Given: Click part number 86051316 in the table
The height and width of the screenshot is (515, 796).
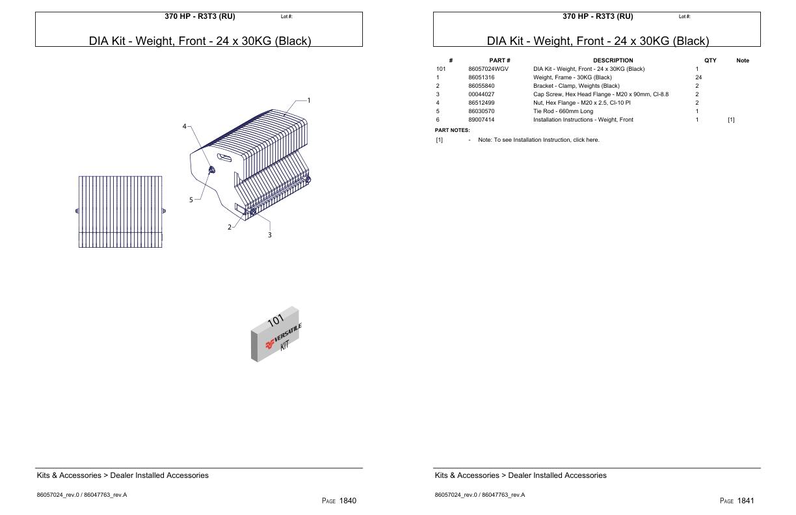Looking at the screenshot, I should pyautogui.click(x=481, y=77).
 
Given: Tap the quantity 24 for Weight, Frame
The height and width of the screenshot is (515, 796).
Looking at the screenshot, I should pyautogui.click(x=698, y=77).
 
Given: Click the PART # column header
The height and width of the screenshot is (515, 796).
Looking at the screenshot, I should pyautogui.click(x=499, y=60).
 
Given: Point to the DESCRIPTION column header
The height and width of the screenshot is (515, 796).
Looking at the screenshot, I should pyautogui.click(x=613, y=60).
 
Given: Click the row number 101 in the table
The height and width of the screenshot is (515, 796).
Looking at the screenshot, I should pyautogui.click(x=441, y=69).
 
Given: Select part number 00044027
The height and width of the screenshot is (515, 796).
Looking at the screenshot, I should pyautogui.click(x=481, y=94).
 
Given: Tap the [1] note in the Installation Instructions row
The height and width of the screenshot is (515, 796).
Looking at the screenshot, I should pyautogui.click(x=731, y=120).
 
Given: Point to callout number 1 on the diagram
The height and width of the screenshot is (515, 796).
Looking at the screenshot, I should pyautogui.click(x=309, y=101).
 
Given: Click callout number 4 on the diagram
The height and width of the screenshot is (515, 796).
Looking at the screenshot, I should pyautogui.click(x=185, y=126).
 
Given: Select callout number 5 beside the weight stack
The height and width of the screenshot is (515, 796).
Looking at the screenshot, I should pyautogui.click(x=191, y=200).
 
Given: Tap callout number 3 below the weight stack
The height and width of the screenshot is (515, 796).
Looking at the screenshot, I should pyautogui.click(x=270, y=235).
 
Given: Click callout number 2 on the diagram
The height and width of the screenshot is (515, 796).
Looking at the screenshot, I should pyautogui.click(x=230, y=227).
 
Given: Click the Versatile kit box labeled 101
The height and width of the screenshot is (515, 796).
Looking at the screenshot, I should pyautogui.click(x=275, y=334).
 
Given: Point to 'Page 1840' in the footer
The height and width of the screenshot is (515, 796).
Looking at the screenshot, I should pyautogui.click(x=339, y=501).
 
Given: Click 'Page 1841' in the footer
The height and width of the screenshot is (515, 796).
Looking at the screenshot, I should pyautogui.click(x=737, y=501).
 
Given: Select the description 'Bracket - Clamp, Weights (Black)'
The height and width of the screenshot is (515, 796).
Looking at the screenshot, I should pyautogui.click(x=576, y=86).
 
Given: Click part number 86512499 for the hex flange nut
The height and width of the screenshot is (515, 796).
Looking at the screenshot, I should pyautogui.click(x=481, y=103).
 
